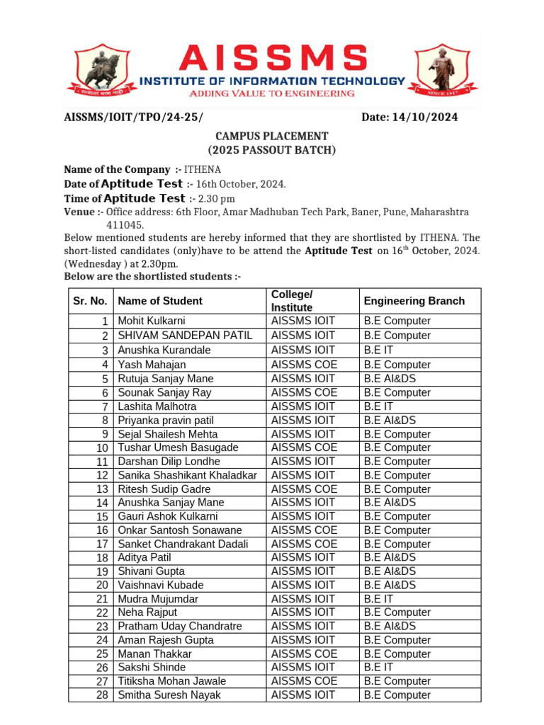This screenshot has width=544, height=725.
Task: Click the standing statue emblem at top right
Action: click(x=443, y=68)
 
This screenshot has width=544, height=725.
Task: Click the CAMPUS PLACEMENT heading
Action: click(x=272, y=136)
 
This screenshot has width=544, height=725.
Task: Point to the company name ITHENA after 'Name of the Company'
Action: click(x=203, y=169)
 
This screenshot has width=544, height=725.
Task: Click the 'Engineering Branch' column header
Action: click(x=414, y=301)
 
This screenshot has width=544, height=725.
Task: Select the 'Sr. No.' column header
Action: click(x=90, y=301)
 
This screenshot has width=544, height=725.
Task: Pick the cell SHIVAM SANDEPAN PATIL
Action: click(x=185, y=335)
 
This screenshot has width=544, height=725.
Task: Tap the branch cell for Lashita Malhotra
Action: click(x=379, y=406)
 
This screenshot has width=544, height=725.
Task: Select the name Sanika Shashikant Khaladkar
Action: click(x=187, y=475)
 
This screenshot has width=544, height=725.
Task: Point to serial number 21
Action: click(x=102, y=599)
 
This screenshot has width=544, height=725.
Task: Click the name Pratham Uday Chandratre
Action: click(x=179, y=626)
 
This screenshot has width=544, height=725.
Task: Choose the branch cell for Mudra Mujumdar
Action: click(x=379, y=599)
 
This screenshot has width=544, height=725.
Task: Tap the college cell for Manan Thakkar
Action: click(x=305, y=653)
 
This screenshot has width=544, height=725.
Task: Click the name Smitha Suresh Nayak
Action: click(x=169, y=695)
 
